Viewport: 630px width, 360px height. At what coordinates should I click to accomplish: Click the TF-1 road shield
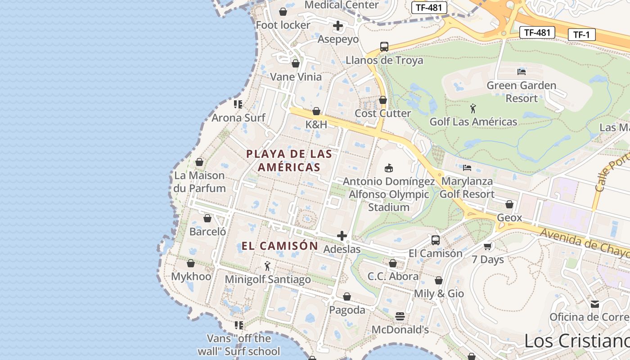pos(581,35)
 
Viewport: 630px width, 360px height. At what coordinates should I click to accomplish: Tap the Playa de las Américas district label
pos(289,161)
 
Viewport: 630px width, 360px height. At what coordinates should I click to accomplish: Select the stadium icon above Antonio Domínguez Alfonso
pos(389,168)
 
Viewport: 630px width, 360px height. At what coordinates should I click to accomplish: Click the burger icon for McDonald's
pos(400,316)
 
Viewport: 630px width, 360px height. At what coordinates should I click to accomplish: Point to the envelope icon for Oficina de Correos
pos(595,304)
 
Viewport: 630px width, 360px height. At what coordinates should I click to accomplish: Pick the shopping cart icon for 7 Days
pos(488,246)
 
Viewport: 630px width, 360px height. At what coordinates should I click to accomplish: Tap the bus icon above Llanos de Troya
pos(384,47)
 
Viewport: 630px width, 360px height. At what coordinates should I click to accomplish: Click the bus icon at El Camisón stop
pos(436,240)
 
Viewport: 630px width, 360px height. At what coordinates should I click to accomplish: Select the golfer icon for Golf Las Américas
pos(473,108)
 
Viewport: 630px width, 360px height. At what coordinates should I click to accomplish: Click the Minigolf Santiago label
pos(268,279)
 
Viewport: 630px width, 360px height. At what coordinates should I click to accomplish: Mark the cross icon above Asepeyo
pos(338,26)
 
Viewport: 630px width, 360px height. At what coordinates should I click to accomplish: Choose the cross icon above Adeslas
pos(342,236)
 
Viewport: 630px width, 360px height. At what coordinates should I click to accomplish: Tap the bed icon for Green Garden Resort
pos(522,72)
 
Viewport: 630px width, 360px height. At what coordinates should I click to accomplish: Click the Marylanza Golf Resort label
pos(467,188)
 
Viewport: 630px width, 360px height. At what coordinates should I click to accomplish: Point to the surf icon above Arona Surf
pos(238,104)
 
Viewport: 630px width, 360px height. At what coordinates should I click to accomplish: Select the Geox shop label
pos(509,218)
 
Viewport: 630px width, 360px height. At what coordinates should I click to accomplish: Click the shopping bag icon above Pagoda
pos(347,297)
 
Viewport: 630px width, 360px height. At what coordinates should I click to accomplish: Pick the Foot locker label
pos(283,25)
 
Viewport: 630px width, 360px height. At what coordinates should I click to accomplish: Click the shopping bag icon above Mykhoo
pos(191,263)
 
